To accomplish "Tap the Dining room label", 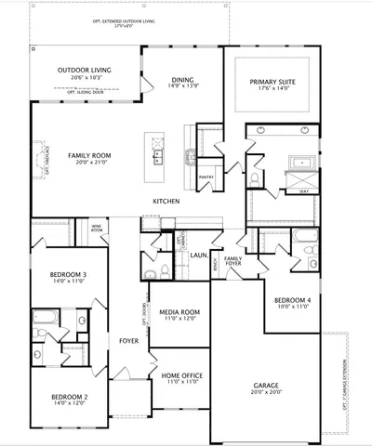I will (x=182, y=80).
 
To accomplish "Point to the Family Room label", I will (x=89, y=154).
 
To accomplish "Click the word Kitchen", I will (x=166, y=202).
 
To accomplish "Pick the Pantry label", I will (x=206, y=175).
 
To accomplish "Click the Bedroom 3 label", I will (x=68, y=275).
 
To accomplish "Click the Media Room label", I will (x=179, y=312).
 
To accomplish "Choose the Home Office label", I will (x=179, y=375).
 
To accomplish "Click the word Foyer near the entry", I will (x=128, y=340).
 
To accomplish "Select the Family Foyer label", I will (x=232, y=260).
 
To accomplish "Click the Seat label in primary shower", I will (x=303, y=191).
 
